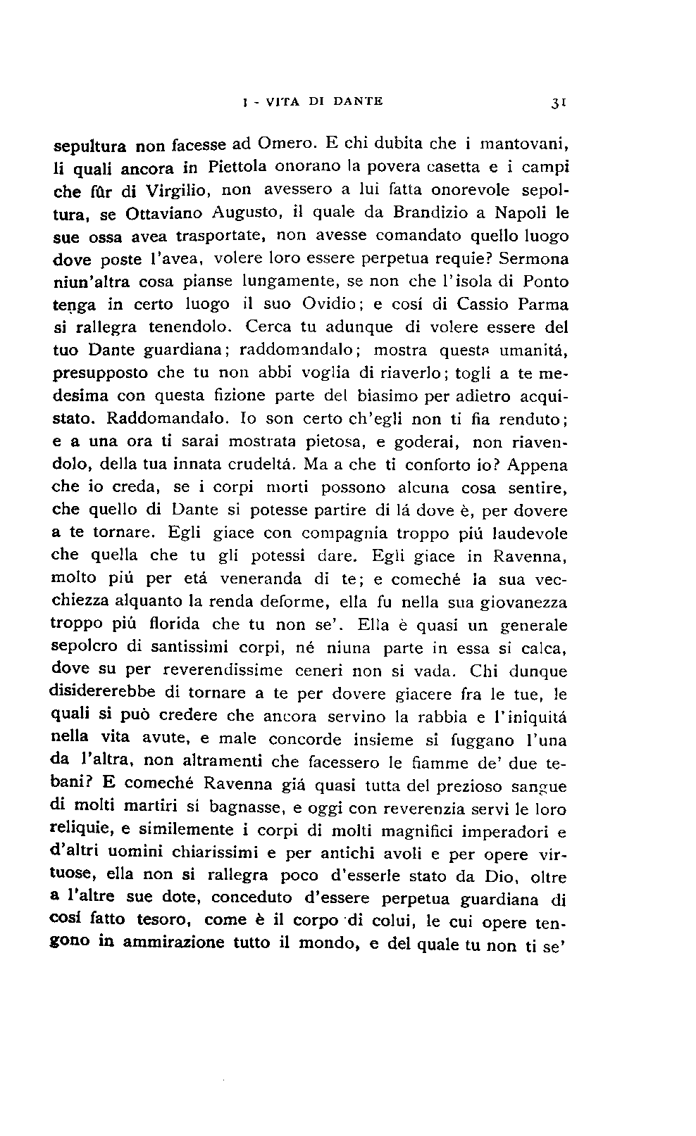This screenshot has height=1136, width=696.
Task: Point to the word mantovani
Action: pos(524,145)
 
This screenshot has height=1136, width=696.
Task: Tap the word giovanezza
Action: pos(523,603)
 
